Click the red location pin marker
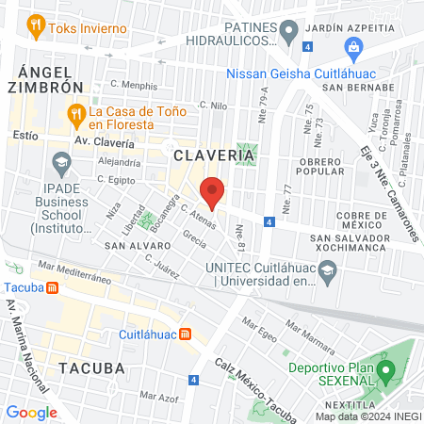tap(212, 192)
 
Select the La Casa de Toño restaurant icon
tap(75, 116)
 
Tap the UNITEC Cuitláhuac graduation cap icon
tap(327, 273)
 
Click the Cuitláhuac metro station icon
tap(186, 334)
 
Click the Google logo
tap(31, 412)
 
